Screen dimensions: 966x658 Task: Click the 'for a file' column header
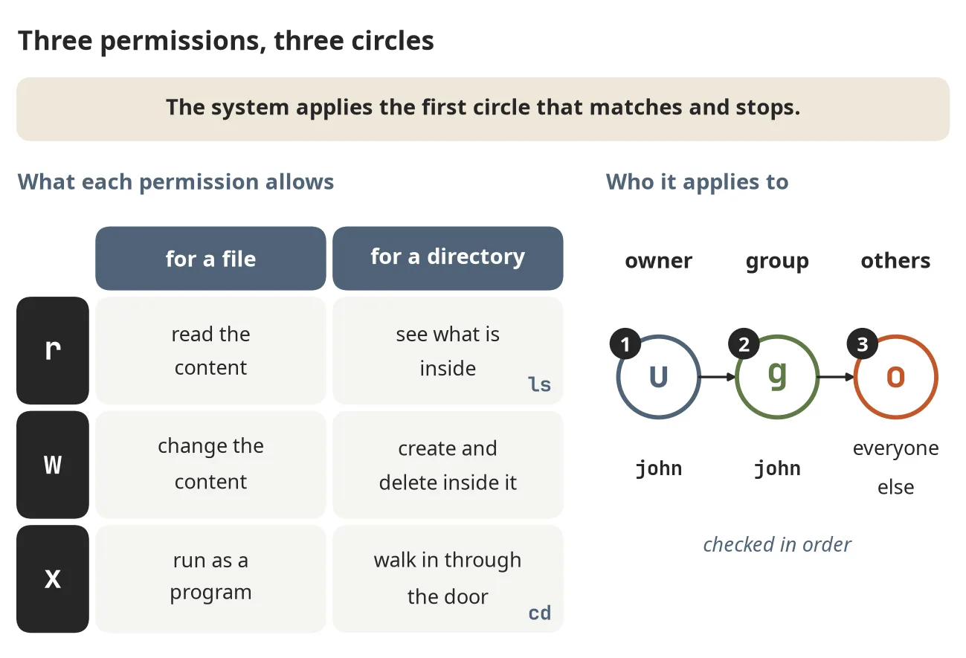point(210,258)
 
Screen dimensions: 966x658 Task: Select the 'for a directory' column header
point(448,258)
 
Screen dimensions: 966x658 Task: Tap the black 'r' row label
point(53,350)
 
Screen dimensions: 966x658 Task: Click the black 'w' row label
point(53,465)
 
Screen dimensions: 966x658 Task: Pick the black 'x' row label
point(53,578)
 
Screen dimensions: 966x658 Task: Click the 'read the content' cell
point(210,350)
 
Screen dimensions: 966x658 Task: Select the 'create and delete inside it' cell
point(448,465)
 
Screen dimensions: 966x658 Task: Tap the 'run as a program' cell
point(210,578)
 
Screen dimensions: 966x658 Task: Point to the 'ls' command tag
point(539,384)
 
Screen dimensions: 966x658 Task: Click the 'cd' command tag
point(539,613)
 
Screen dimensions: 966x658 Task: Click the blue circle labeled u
point(616,377)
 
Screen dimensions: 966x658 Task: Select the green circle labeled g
point(735,377)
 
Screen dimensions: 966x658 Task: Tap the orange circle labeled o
point(854,377)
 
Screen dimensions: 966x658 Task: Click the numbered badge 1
point(625,343)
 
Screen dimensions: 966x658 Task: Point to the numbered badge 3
point(863,343)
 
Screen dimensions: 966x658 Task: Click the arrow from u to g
point(718,377)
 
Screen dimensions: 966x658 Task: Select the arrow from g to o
point(836,377)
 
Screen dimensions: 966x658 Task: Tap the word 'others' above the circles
point(895,260)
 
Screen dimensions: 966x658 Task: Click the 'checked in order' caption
point(777,544)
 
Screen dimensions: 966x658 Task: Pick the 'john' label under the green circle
point(777,468)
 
